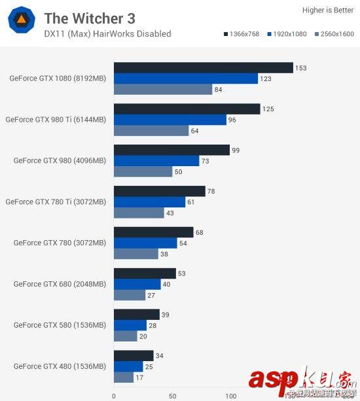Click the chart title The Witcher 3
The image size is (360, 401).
pyautogui.click(x=89, y=18)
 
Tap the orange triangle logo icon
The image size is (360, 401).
pyautogui.click(x=22, y=22)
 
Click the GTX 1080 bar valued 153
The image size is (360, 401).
pyautogui.click(x=203, y=68)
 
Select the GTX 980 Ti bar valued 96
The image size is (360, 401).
pyautogui.click(x=170, y=120)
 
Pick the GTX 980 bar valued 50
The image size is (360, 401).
pyautogui.click(x=143, y=171)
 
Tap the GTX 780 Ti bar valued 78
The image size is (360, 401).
pyautogui.click(x=159, y=191)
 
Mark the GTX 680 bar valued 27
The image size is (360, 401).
pyautogui.click(x=130, y=295)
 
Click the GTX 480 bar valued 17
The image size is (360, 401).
pyautogui.click(x=124, y=377)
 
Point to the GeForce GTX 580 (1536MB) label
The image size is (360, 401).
pyautogui.click(x=59, y=325)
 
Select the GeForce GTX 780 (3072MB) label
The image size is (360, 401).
pyautogui.click(x=59, y=243)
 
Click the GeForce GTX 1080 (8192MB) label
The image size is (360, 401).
pyautogui.click(x=57, y=78)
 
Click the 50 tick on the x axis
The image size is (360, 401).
pyautogui.click(x=172, y=396)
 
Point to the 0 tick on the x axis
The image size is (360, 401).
pyautogui.click(x=114, y=396)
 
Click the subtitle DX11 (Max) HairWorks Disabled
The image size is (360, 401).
pyautogui.click(x=107, y=34)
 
